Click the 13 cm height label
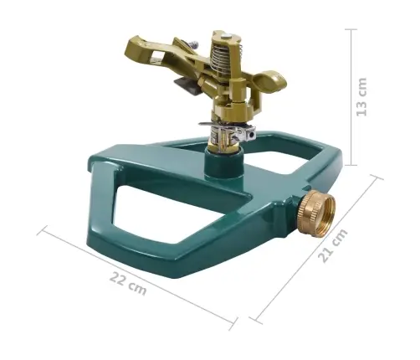pos(361,97)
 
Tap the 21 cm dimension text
pos(333,245)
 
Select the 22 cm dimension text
pos(128,283)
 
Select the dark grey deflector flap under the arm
pos(187,87)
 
